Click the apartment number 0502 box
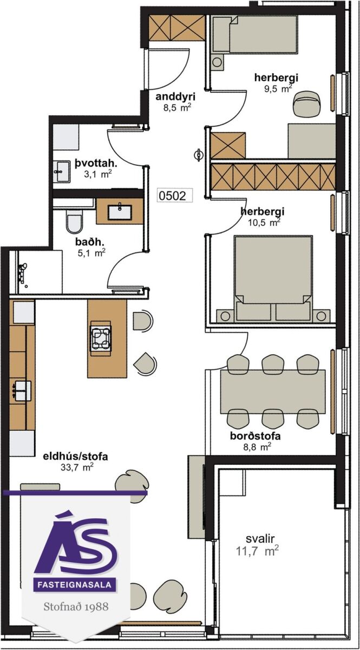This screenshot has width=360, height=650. tap(175, 196)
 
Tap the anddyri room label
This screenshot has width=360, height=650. tap(175, 96)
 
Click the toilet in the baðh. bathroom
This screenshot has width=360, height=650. tap(75, 222)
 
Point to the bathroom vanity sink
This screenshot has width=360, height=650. tap(120, 212)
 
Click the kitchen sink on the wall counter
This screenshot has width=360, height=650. tap(22, 391)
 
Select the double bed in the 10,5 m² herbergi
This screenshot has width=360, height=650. tap(273, 278)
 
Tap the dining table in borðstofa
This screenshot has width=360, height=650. tap(273, 392)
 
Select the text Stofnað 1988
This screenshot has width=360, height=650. tap(76, 607)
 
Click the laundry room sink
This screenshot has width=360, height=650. tap(61, 172)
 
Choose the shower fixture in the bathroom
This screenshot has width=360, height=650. tap(23, 273)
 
